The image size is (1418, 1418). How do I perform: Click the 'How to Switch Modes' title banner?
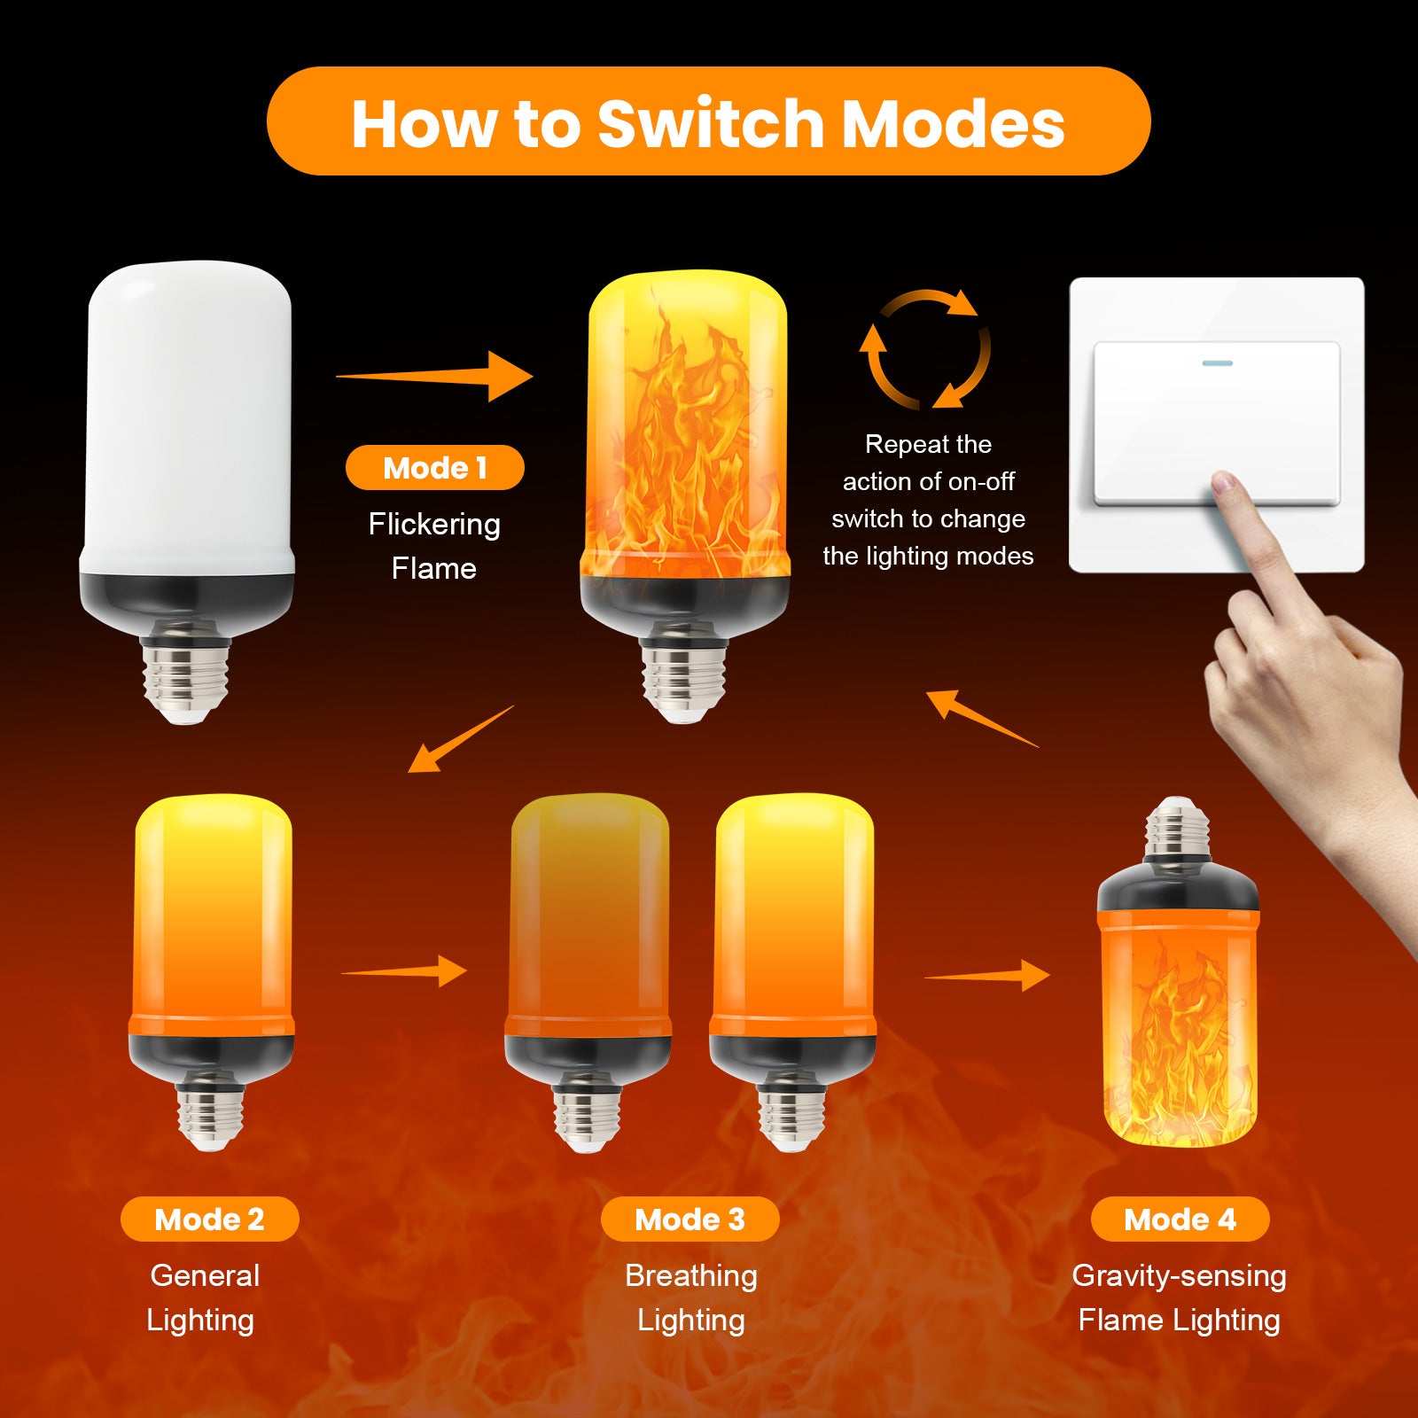point(708,121)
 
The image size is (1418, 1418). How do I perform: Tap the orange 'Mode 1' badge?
point(434,467)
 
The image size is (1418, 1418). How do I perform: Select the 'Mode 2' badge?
point(209,1219)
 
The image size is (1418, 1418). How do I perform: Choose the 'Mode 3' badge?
point(690,1219)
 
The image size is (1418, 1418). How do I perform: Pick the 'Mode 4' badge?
point(1180,1219)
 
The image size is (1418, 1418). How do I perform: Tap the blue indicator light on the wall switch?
point(1217,363)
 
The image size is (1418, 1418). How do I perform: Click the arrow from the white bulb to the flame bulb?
point(434,377)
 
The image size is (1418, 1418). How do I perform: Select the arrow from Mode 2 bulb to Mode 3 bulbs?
point(404,971)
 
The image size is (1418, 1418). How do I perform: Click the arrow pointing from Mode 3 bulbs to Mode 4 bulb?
point(987,976)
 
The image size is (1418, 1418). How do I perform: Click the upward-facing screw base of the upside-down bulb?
point(1177,827)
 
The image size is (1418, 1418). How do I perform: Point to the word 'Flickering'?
point(434,525)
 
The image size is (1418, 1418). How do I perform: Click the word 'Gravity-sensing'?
point(1179,1276)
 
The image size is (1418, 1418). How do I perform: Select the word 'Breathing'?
point(691,1276)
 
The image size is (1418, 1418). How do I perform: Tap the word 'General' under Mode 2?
point(205,1275)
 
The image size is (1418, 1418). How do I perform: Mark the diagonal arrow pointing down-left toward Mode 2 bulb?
point(460,739)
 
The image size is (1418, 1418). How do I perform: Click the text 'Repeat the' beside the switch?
point(928,444)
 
